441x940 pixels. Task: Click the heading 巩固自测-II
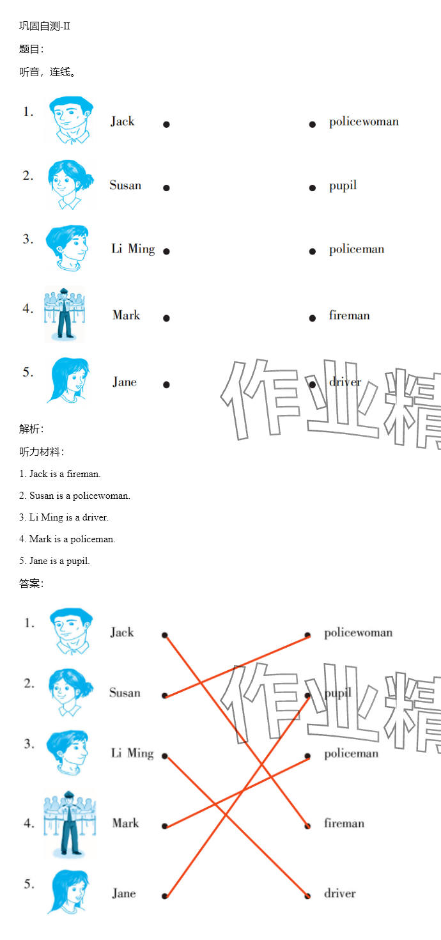point(45,26)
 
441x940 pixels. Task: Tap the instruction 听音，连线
point(47,72)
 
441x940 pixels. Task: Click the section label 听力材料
point(41,451)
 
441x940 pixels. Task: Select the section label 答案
point(31,583)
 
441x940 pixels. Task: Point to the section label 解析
point(31,428)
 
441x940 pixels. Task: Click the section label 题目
point(31,49)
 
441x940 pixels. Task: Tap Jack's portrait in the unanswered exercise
point(70,120)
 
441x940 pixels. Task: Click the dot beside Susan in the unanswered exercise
point(167,187)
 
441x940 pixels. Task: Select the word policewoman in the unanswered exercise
point(364,121)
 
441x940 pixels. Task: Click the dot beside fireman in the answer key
point(307,826)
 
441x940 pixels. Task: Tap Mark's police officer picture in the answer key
point(70,824)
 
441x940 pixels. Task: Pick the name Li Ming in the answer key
point(132,753)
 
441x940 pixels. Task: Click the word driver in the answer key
point(340,893)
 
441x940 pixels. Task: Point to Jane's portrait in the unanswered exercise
point(70,380)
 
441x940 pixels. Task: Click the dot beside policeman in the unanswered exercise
point(312,251)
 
